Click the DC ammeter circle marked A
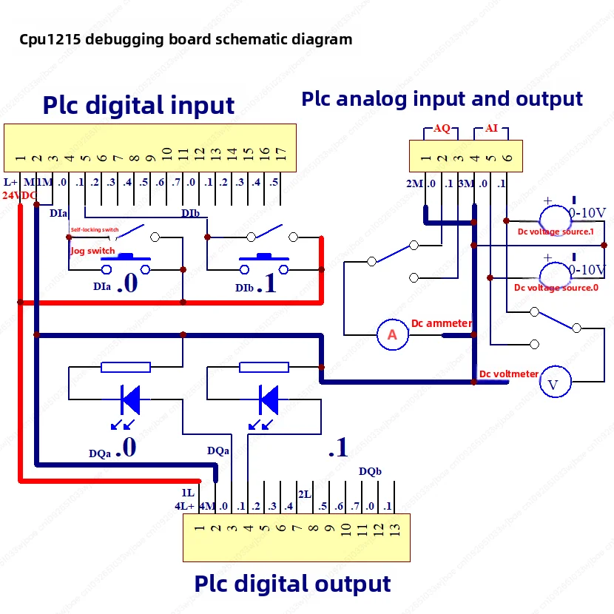tap(392, 335)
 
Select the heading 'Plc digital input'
tap(138, 105)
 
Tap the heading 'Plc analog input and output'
tap(442, 98)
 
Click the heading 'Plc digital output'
tap(292, 583)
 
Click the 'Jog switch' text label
tap(92, 251)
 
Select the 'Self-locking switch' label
tap(95, 230)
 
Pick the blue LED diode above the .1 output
tap(269, 399)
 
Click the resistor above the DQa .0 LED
tap(126, 367)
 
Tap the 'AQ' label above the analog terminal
tap(442, 129)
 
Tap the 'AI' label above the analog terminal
tap(491, 129)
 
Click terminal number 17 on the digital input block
tap(281, 155)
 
